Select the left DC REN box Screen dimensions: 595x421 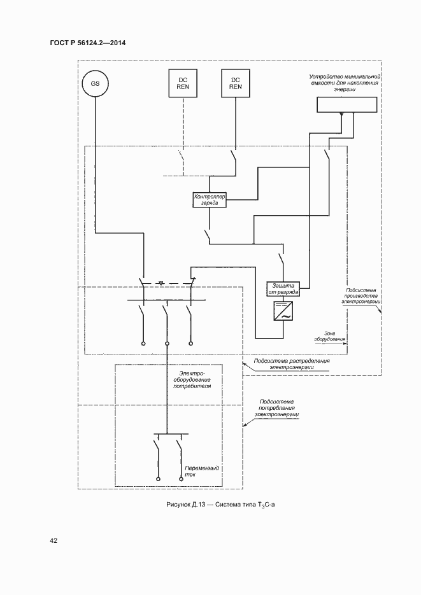point(183,83)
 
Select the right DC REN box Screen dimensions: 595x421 point(236,83)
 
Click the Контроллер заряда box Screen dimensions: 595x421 point(210,200)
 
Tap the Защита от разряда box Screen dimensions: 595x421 point(282,290)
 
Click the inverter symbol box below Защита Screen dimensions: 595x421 point(282,311)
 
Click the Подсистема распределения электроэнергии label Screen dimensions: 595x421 point(292,363)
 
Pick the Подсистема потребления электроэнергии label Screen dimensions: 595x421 point(277,408)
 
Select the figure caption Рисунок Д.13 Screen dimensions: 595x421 point(222,504)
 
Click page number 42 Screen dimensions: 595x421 point(54,541)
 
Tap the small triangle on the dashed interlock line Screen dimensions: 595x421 point(161,281)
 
